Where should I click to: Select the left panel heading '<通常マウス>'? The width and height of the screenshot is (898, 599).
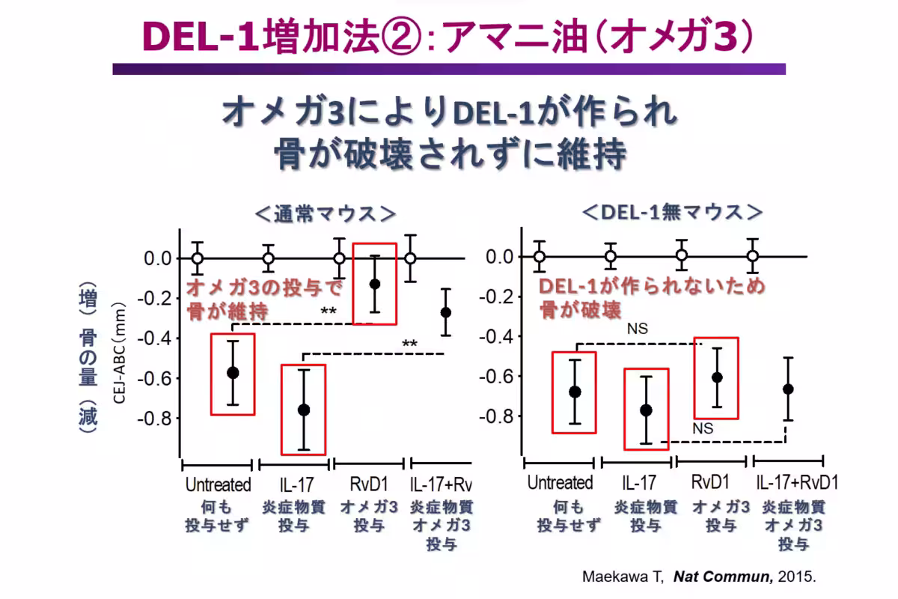tap(325, 213)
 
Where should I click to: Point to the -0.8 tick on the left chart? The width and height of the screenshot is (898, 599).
tap(156, 418)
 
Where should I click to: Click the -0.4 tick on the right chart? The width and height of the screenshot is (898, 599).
tap(500, 336)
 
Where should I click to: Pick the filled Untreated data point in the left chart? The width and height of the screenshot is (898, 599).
tap(233, 372)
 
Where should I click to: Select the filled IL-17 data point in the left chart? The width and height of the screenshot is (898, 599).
tap(304, 410)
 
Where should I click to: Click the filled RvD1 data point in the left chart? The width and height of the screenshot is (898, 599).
tap(374, 284)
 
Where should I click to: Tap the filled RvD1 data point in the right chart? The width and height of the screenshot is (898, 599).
tap(717, 377)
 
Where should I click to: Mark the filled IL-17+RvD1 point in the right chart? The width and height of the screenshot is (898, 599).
tap(787, 389)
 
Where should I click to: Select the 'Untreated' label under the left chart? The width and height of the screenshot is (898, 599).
tap(217, 484)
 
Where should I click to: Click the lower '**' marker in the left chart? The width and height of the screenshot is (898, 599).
tap(409, 344)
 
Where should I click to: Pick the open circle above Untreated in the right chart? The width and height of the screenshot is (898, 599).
tap(540, 256)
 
